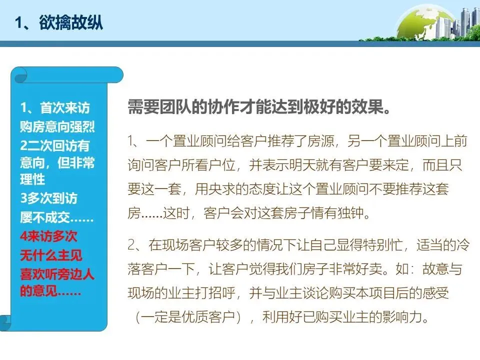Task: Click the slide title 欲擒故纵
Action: (59, 22)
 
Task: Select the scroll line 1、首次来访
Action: (55, 108)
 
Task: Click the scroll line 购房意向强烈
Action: (57, 127)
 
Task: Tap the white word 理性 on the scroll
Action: (32, 178)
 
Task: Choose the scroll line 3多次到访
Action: (49, 198)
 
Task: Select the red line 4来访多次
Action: (49, 236)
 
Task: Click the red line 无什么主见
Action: (51, 255)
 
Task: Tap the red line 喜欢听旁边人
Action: (57, 274)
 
